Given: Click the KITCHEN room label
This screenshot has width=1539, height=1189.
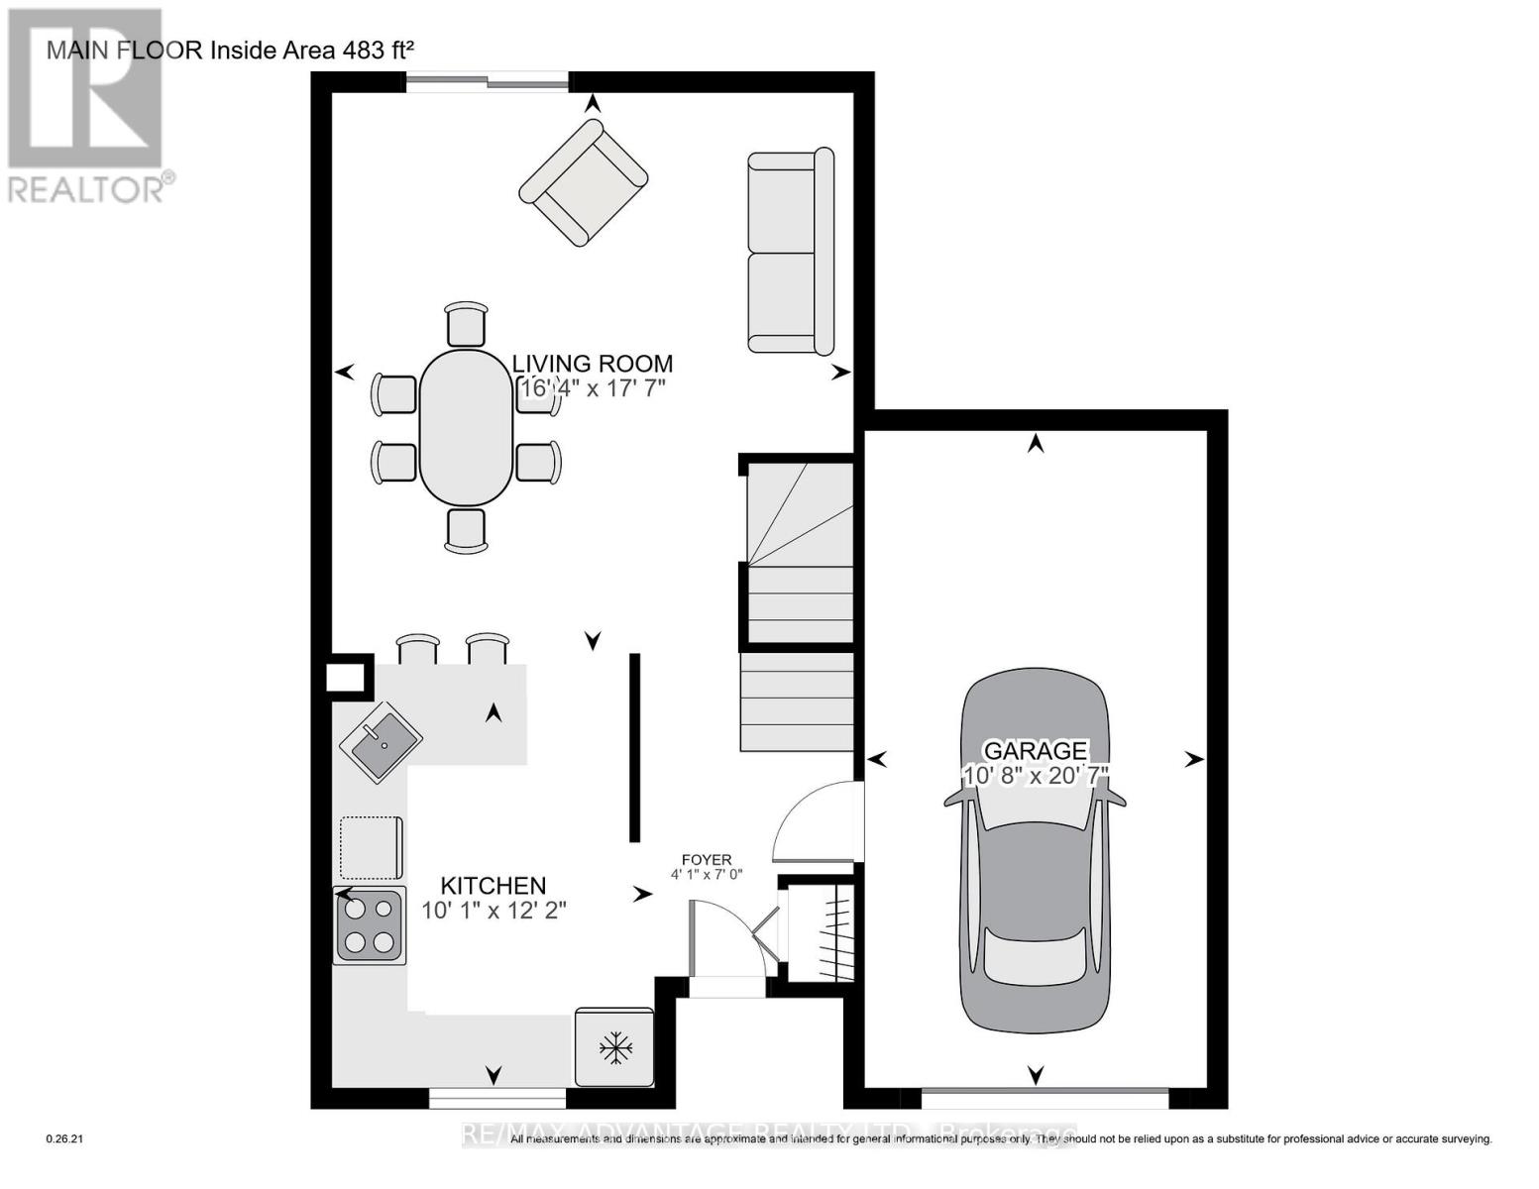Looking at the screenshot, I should point(493,885).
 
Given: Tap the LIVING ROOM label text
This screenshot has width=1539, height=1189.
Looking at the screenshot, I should point(592,364).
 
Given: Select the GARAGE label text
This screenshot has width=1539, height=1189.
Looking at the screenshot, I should point(1035,750).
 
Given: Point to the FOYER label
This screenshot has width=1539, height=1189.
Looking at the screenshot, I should point(706,859).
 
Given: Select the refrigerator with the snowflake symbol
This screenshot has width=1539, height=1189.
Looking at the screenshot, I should point(614,1047).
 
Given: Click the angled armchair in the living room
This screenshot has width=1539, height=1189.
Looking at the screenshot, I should point(584,182).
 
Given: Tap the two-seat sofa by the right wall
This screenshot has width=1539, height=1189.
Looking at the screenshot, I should point(790,252).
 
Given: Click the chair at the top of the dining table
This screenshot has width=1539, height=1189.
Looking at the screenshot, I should point(466,324).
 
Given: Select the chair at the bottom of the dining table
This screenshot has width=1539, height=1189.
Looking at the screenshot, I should point(466,529).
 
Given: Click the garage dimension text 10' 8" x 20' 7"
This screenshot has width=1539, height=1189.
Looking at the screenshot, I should point(1035,775).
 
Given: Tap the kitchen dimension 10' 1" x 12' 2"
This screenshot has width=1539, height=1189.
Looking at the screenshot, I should point(493,910).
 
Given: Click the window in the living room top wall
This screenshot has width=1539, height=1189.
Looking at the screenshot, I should point(487,82).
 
